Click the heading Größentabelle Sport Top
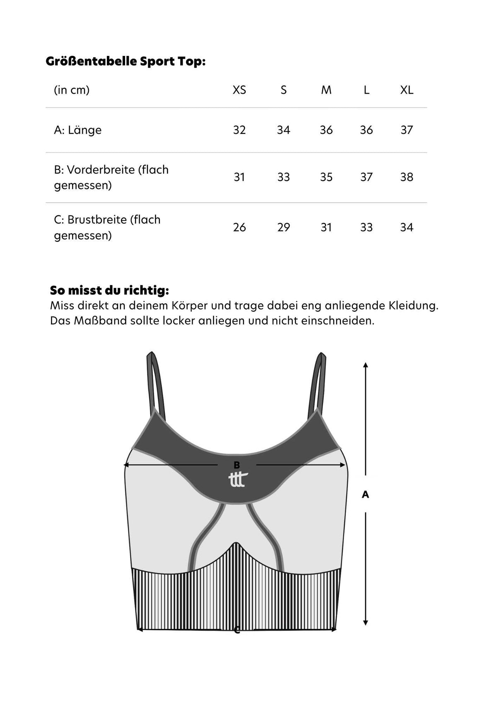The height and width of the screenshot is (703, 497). [x=125, y=61]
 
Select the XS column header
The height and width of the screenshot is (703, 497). [x=239, y=90]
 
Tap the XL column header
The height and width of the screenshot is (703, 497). [x=406, y=90]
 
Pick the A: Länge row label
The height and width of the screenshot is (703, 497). [x=77, y=130]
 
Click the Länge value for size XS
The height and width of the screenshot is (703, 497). [x=239, y=130]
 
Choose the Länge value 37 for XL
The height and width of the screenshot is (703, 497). [x=406, y=130]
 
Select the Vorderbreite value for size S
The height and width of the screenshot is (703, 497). [x=283, y=177]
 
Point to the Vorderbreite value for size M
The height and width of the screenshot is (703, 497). [x=326, y=177]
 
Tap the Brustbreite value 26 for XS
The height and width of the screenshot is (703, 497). [x=239, y=227]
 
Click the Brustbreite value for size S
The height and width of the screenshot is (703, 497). [x=283, y=227]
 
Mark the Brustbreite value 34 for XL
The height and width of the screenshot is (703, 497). [x=406, y=227]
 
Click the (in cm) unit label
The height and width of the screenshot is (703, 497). [x=72, y=90]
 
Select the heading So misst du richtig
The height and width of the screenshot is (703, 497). [x=109, y=290]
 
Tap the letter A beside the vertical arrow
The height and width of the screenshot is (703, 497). [x=365, y=494]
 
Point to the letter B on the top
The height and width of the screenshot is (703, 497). [x=237, y=465]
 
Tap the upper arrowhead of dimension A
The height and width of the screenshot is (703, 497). [x=365, y=365]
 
